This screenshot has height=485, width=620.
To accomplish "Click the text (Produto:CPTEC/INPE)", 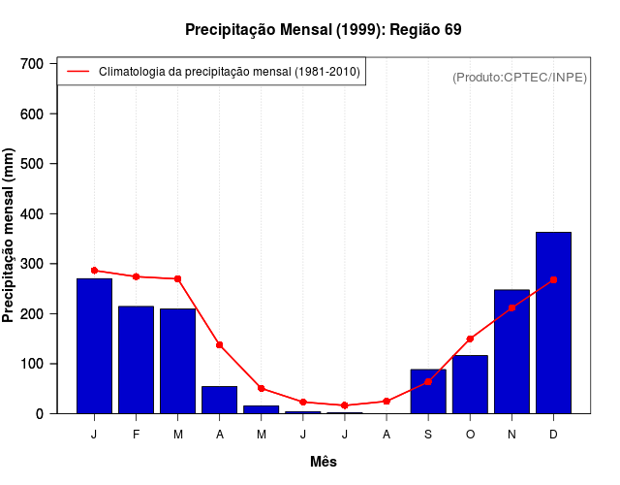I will [x=519, y=77].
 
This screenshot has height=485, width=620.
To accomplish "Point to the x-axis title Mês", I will [x=323, y=462].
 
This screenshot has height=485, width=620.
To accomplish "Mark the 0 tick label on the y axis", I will [x=40, y=414].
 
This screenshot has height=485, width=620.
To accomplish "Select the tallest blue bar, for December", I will [x=553, y=323].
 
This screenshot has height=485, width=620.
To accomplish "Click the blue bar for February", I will [x=136, y=360].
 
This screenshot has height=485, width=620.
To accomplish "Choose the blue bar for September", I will [x=428, y=392].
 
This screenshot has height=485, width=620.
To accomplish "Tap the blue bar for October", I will [x=470, y=384].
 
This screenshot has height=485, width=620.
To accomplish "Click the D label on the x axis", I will [x=553, y=435].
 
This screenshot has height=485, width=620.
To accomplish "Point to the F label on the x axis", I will [x=136, y=435].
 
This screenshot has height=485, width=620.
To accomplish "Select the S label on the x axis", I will [x=428, y=435].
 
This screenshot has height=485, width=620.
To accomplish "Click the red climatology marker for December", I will [x=553, y=279].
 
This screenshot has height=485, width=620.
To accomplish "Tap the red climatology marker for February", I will [x=136, y=276].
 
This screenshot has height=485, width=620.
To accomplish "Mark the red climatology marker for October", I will [x=470, y=339].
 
